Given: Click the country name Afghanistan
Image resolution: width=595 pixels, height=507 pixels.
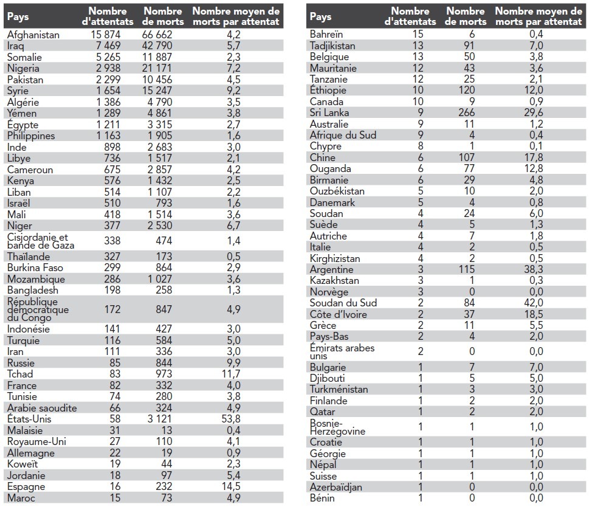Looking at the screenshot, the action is pyautogui.click(x=33, y=35).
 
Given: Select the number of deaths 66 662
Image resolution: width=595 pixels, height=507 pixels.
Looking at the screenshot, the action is pyautogui.click(x=157, y=35).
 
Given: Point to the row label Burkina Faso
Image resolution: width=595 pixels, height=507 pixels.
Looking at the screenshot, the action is pyautogui.click(x=35, y=267).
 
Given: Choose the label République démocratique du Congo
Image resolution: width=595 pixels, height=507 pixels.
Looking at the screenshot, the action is pyautogui.click(x=38, y=309).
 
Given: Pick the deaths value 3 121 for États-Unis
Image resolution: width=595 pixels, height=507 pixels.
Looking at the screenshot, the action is pyautogui.click(x=159, y=419).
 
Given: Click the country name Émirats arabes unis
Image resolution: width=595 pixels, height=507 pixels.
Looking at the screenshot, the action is pyautogui.click(x=342, y=352).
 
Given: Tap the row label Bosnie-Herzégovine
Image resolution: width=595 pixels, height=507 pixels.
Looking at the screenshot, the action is pyautogui.click(x=337, y=427).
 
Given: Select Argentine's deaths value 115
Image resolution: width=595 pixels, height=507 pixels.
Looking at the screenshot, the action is pyautogui.click(x=466, y=269).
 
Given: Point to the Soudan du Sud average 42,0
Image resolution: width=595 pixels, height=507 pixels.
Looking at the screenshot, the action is pyautogui.click(x=534, y=303).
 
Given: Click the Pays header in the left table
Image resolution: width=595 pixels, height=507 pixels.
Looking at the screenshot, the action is pyautogui.click(x=18, y=16).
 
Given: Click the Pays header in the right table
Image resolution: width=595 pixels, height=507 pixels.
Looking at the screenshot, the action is pyautogui.click(x=321, y=16).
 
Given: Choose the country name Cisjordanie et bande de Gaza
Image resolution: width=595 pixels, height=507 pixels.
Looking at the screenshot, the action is pyautogui.click(x=41, y=241).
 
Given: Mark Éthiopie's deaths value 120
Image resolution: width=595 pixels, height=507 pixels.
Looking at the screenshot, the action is pyautogui.click(x=466, y=91).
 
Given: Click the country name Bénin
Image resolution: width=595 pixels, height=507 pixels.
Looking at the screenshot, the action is pyautogui.click(x=322, y=498).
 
